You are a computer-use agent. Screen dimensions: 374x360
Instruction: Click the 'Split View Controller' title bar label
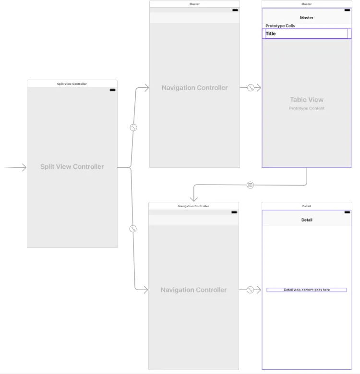pos(72,84)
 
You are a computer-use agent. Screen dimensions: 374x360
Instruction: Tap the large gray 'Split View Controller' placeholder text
pos(72,167)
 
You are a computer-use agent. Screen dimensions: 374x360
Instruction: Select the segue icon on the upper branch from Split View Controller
pos(134,128)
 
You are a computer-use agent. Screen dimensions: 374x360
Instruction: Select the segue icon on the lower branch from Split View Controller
pos(133,229)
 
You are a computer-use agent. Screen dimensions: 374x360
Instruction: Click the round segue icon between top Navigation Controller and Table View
pos(251,88)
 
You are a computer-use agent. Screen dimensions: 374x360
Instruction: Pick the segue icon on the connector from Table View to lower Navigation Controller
pos(250,185)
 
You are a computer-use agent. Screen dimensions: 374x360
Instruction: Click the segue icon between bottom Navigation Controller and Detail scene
pos(250,290)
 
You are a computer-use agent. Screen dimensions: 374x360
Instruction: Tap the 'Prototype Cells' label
pos(280,26)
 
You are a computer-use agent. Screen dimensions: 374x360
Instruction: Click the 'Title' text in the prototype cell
pos(271,34)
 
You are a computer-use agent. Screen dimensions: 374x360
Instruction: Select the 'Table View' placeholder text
pos(307,100)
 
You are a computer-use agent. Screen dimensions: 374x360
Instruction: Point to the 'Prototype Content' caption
pos(307,108)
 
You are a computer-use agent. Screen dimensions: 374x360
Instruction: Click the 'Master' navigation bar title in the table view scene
pos(307,18)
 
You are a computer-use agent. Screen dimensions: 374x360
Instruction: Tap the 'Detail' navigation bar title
pos(307,220)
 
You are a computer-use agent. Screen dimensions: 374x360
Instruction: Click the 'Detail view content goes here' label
pos(307,290)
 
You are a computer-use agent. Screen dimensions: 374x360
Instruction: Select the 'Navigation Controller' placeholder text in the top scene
pos(194,88)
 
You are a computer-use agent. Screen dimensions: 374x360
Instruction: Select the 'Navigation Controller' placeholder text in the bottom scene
pos(193,290)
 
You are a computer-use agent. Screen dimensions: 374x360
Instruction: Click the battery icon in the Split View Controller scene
pos(112,90)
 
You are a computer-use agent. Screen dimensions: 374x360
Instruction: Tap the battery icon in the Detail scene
pos(347,212)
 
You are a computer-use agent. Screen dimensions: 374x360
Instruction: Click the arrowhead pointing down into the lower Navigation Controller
pos(193,199)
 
